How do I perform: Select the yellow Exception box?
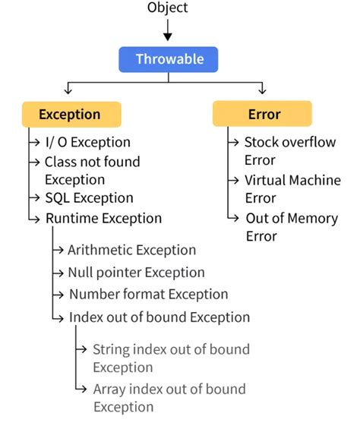(69, 115)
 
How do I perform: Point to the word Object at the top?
(169, 8)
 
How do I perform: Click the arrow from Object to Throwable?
(168, 30)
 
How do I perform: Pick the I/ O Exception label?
(87, 142)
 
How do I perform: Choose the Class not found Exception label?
(92, 170)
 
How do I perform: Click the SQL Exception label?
(89, 198)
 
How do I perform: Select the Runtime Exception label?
(103, 218)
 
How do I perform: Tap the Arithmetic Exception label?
(131, 250)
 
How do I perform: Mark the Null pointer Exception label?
(136, 272)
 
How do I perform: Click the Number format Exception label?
(148, 294)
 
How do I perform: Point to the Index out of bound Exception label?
(159, 317)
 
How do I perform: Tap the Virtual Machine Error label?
(292, 189)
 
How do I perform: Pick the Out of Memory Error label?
(292, 226)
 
